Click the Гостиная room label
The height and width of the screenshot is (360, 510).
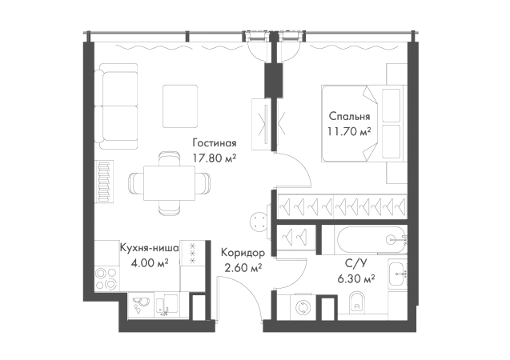(x=215, y=143)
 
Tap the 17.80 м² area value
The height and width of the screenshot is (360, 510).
(x=215, y=158)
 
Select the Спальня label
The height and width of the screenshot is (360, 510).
(x=349, y=116)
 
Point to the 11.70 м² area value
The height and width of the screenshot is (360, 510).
(x=349, y=131)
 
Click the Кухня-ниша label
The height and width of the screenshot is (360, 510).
(x=149, y=248)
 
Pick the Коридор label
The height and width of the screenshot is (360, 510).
(x=243, y=253)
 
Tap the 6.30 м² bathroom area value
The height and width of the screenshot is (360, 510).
(x=356, y=278)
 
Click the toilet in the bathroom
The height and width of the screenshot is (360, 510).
(x=357, y=303)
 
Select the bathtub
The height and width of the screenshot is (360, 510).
(x=371, y=240)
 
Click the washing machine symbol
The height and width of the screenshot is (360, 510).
(x=303, y=307)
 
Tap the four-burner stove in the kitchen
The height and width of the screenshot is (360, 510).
(x=106, y=278)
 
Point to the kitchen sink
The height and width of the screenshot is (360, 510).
(x=141, y=306)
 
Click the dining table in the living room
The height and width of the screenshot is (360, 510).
(x=169, y=183)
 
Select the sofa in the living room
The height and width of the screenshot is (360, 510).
(x=118, y=106)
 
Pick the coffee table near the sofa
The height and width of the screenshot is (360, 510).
(x=180, y=106)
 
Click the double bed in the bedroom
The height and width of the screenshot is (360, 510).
(x=363, y=123)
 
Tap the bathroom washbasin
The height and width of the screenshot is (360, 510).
(x=397, y=274)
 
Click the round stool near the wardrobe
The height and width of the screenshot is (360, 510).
(x=259, y=222)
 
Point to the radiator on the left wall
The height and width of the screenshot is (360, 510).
(x=104, y=182)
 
